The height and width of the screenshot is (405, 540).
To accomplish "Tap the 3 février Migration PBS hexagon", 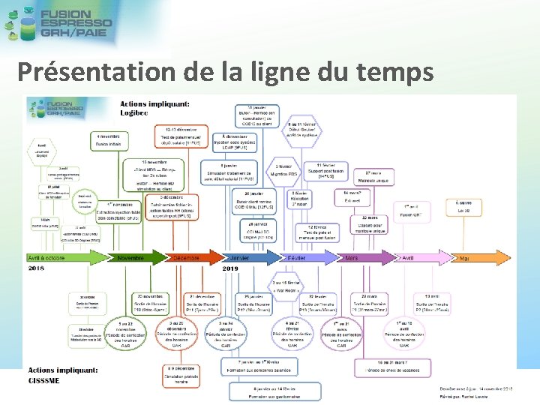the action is [x=283, y=170].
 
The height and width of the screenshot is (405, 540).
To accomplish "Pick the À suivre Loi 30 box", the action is [x=465, y=207].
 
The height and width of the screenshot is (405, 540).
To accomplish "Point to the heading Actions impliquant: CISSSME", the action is [x=63, y=374].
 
